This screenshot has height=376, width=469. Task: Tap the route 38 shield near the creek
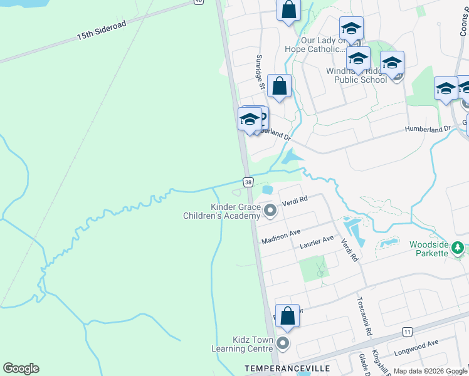coord(248,182)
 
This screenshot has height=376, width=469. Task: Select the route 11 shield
coord(408,332)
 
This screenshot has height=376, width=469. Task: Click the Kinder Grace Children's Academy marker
coord(270,211)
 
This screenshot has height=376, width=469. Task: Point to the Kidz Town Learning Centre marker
coord(283,343)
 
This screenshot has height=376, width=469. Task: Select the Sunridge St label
coord(260,69)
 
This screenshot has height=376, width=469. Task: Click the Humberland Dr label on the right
coord(428,129)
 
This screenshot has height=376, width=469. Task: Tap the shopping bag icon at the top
coord(288,10)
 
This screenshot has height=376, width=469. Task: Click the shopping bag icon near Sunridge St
coord(280,86)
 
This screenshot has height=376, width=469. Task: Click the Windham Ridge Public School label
coord(357,75)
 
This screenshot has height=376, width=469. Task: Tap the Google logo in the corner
coord(21,368)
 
